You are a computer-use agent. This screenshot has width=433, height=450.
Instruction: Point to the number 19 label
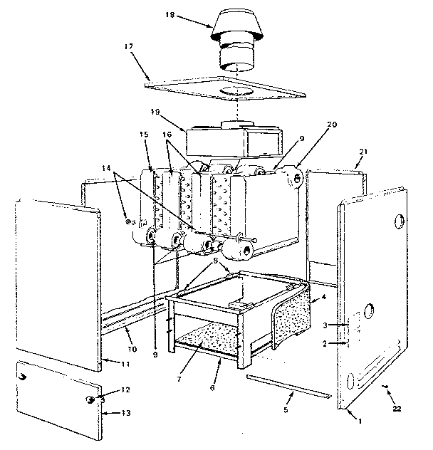[155, 113]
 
